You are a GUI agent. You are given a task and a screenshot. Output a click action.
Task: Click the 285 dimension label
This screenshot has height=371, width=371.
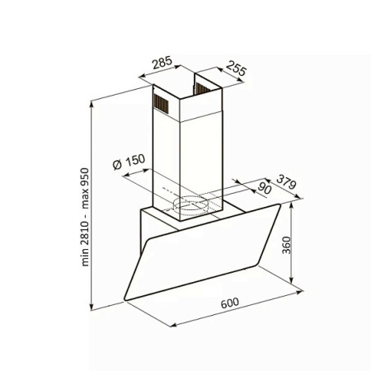point(162,63)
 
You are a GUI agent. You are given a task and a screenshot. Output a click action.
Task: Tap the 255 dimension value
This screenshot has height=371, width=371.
point(236,68)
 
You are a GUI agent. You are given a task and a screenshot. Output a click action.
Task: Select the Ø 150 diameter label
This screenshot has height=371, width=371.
point(129,162)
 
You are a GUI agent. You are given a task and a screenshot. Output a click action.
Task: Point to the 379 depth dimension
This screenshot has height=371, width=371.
point(286,181)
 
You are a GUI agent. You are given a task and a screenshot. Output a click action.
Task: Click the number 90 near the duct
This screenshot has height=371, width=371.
point(265,188)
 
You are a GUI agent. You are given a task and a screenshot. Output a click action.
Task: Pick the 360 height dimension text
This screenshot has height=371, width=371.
point(286,245)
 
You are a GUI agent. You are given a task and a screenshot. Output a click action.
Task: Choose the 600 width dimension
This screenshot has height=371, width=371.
point(230,303)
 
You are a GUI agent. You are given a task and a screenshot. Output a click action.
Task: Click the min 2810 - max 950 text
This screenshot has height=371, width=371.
point(85,217)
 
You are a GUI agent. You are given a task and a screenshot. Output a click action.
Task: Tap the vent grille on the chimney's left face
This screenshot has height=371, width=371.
point(161,103)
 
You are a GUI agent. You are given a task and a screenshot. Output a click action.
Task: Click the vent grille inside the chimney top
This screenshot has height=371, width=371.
point(203,89)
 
